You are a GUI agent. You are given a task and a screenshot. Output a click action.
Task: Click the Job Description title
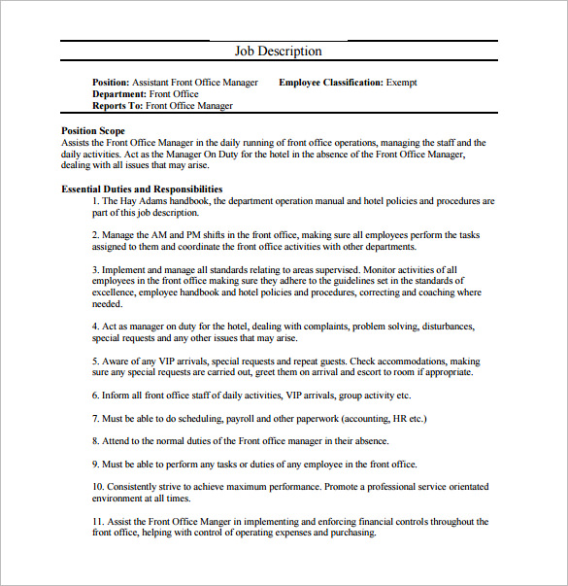[278, 52]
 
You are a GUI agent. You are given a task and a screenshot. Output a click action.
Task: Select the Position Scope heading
[92, 130]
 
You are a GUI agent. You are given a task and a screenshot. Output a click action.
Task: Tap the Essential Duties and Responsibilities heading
[142, 190]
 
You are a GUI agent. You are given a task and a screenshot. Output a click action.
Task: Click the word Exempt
[402, 83]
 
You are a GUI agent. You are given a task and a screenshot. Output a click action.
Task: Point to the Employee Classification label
[330, 83]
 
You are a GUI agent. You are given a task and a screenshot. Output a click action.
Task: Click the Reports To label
[117, 106]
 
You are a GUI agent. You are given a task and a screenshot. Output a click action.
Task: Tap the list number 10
[98, 487]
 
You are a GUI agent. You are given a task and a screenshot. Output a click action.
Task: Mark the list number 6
[96, 396]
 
